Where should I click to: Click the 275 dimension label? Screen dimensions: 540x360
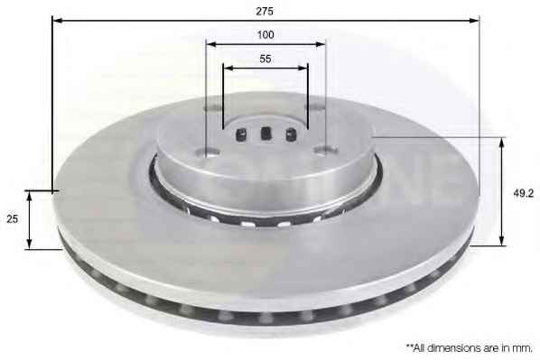[265, 12]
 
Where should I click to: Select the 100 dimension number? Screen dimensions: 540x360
[265, 35]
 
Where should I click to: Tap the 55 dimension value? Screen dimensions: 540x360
[265, 59]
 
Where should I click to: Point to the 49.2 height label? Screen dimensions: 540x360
[523, 193]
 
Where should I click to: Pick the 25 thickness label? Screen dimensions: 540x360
[13, 219]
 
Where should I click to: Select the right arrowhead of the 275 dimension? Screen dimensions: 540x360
[473, 21]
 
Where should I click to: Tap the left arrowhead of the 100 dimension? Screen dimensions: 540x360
[211, 44]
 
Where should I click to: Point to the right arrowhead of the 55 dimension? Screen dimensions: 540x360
[303, 68]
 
